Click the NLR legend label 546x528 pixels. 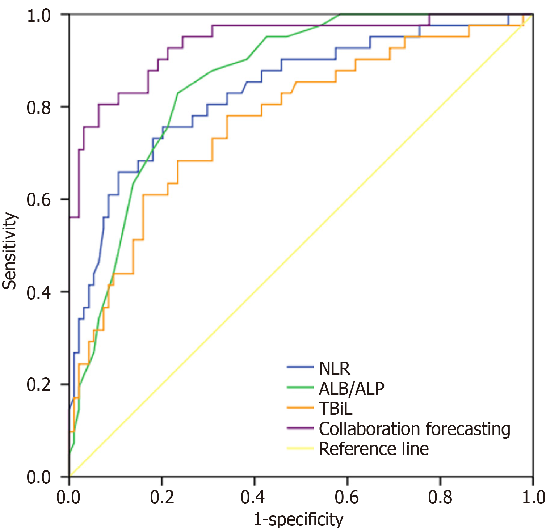click(x=334, y=368)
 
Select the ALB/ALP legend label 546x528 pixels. click(x=351, y=389)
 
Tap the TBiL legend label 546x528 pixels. click(x=335, y=409)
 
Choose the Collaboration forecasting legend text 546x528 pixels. click(x=414, y=429)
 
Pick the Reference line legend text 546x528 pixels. click(x=374, y=449)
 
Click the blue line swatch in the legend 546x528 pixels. click(x=300, y=367)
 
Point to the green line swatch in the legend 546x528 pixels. click(x=300, y=388)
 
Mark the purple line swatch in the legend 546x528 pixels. click(x=300, y=428)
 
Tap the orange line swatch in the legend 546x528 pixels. click(x=300, y=408)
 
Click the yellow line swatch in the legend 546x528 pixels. click(x=300, y=448)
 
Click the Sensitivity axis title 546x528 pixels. click(x=9, y=251)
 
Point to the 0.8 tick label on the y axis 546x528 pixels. click(x=39, y=107)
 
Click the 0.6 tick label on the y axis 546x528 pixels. click(x=39, y=200)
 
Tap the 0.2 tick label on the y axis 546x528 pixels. click(x=39, y=385)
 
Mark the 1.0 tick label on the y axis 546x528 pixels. click(x=39, y=15)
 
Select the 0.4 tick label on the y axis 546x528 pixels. click(x=39, y=292)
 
